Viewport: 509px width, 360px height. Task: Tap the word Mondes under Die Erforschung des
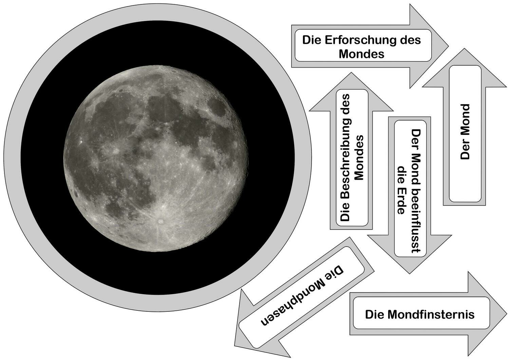(x=361, y=54)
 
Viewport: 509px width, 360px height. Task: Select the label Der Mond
(x=465, y=132)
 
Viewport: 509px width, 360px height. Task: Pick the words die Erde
(x=401, y=190)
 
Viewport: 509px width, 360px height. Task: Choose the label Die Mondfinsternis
(x=420, y=314)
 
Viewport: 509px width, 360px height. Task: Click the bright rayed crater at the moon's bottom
(x=160, y=221)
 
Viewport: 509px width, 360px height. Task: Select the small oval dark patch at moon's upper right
(x=217, y=108)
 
